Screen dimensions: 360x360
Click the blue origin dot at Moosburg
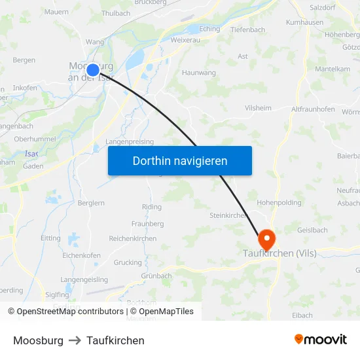coord(93,69)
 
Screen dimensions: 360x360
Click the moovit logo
coord(321,340)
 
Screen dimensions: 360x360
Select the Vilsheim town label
coord(257,107)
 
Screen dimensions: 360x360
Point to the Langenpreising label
coord(130,141)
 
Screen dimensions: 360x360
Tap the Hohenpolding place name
coord(279,203)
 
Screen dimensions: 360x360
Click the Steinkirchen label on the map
coord(228,215)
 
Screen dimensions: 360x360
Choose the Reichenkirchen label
coord(133,239)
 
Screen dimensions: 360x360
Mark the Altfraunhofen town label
coord(314,109)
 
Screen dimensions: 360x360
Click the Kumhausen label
coord(305,22)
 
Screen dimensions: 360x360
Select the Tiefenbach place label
coord(247,29)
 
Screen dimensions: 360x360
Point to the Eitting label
coord(50,239)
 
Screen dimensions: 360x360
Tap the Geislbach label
coord(312,230)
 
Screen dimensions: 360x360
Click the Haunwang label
coord(199,73)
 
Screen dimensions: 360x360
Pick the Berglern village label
coord(90,204)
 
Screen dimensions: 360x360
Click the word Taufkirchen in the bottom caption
coord(115,340)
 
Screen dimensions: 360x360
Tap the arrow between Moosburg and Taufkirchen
coord(75,340)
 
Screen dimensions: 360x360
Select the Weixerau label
coord(185,41)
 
